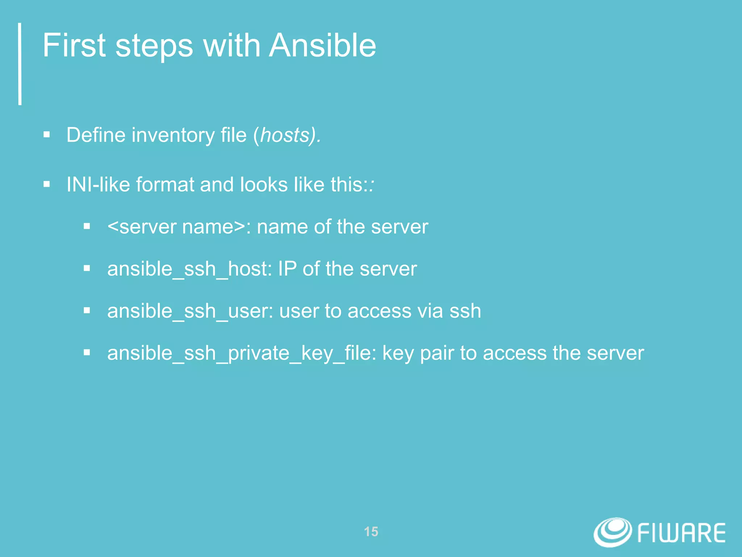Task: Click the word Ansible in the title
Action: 322,46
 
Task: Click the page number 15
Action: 371,532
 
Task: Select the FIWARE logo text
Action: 681,533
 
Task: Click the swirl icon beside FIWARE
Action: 613,532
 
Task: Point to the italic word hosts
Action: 284,135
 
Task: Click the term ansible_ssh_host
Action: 189,269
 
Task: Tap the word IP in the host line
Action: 287,269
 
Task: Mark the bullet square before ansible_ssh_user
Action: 87,310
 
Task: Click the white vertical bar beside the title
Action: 20,64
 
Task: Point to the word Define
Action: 96,135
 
